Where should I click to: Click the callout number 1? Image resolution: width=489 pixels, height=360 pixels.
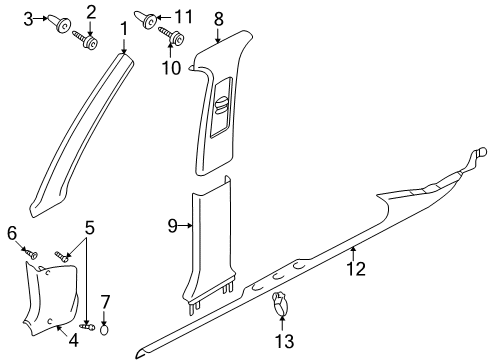coord(124,29)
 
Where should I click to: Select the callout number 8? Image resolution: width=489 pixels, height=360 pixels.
coord(218,19)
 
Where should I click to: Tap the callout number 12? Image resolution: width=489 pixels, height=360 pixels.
coord(356,269)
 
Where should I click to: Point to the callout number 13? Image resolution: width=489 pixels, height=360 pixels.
coord(285,341)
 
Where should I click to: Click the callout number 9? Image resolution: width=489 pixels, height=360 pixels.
coord(173,226)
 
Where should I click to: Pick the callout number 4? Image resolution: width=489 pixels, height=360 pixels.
coord(74,340)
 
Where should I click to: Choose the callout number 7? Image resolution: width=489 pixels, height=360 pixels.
coord(105,302)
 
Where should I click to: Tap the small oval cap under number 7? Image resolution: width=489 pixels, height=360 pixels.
coord(105,330)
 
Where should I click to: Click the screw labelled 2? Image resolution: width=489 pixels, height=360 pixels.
coord(85,40)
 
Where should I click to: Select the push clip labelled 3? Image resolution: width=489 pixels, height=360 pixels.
coord(61,23)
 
